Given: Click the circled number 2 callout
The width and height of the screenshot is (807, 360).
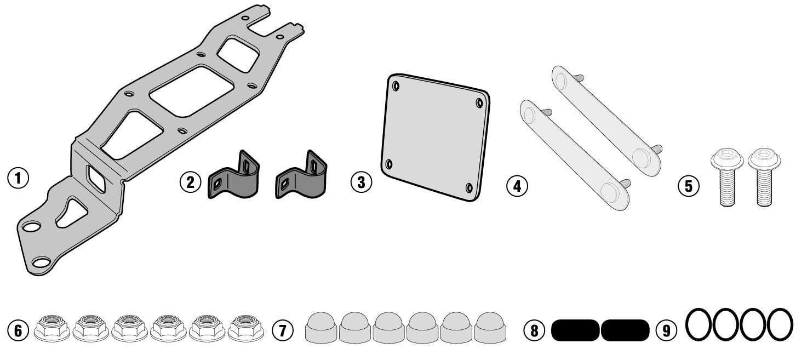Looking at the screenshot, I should coord(190,181).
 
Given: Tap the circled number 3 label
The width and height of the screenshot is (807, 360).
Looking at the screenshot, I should coord(360,182).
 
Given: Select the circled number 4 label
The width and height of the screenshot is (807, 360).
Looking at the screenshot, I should coord(517,185).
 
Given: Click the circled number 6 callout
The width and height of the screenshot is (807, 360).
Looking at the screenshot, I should coord(18,330).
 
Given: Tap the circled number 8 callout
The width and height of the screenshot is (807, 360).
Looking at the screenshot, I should coord(534,330).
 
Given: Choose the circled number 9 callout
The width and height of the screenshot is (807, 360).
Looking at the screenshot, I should coord(666,330).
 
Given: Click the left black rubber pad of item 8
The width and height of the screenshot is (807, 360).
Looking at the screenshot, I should coord(575,329).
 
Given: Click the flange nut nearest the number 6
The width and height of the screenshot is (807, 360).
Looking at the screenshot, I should coord(51,328).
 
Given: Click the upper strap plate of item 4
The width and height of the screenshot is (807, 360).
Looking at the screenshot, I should coord(603,121).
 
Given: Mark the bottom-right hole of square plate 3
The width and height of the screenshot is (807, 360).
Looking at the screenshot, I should coord(469,188).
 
